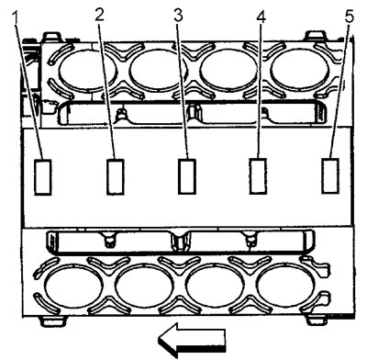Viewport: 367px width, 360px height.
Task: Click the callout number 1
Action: (x=17, y=19)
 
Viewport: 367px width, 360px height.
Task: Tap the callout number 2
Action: (x=100, y=15)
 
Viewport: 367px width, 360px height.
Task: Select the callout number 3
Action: (x=179, y=15)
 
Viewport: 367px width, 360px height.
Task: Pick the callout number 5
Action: (x=349, y=16)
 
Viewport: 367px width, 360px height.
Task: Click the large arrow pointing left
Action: (x=192, y=340)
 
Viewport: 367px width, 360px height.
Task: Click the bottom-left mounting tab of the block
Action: (x=53, y=321)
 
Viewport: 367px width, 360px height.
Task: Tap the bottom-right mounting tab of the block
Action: (x=318, y=321)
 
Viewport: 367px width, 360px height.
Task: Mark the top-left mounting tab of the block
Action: (x=51, y=37)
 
